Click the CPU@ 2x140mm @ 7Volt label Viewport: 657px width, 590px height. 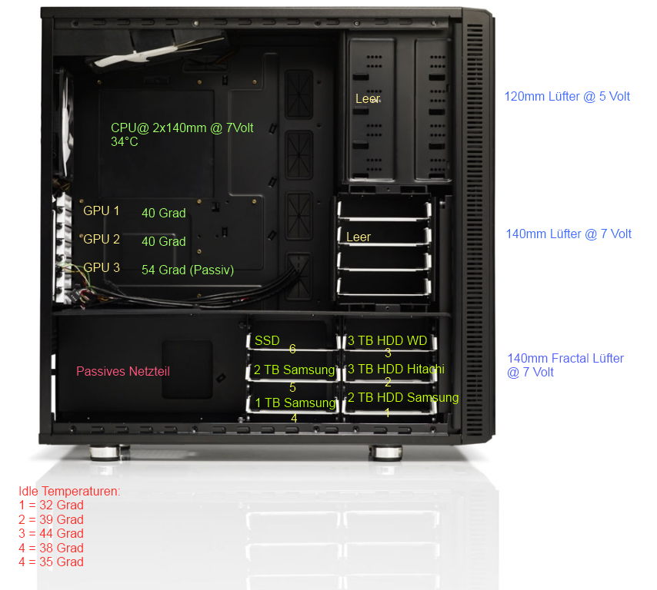point(182,128)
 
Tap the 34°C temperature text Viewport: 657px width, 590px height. point(125,142)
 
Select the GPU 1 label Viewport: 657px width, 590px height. point(102,211)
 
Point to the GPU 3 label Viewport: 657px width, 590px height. point(102,267)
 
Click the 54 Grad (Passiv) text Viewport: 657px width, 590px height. point(188,270)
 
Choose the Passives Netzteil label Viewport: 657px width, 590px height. point(123,371)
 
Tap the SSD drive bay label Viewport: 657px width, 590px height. point(267,340)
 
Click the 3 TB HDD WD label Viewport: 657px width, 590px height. point(388,340)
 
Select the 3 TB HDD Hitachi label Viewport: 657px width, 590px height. point(396,369)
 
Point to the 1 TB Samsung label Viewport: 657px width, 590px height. point(295,403)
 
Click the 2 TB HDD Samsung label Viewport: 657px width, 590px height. point(403,397)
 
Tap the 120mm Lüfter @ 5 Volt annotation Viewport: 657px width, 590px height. point(567,97)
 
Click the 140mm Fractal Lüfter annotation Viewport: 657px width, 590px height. point(565,358)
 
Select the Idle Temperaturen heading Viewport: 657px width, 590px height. point(69,491)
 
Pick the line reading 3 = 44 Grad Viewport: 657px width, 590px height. point(51,533)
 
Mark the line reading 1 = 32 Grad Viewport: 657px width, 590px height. point(51,505)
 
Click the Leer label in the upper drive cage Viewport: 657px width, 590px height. point(368,99)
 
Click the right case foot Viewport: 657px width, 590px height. point(386,452)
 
